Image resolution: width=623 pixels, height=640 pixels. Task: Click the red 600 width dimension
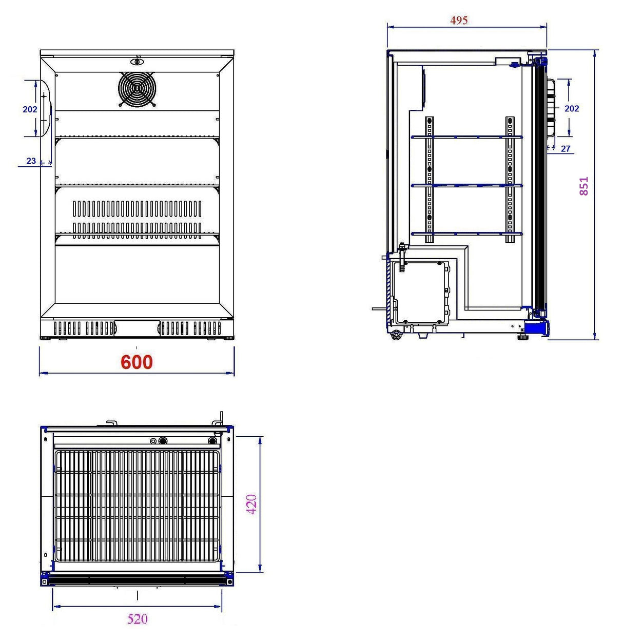[137, 362]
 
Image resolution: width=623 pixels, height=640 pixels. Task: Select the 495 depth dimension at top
[459, 20]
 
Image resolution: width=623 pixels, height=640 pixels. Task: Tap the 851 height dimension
[584, 186]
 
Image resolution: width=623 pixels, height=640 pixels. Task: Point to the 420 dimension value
[252, 504]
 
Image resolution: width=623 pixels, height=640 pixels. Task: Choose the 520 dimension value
[138, 619]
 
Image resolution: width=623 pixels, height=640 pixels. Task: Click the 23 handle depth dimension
[31, 161]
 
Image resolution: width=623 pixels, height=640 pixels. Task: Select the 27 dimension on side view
[566, 149]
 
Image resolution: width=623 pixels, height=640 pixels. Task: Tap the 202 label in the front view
[30, 109]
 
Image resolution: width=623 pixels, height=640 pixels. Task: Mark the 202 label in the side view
[571, 108]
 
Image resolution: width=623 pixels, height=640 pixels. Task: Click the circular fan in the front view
[137, 89]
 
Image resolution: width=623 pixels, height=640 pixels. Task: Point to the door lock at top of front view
[138, 62]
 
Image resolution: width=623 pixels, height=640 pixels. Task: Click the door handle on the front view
[46, 109]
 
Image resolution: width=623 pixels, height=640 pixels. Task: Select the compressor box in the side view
[420, 293]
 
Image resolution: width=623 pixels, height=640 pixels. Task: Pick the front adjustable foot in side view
[523, 337]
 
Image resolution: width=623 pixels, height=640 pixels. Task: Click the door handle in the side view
[552, 108]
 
